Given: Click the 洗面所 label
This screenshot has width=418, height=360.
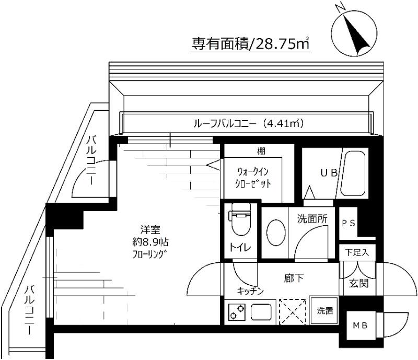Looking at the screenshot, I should point(313,219).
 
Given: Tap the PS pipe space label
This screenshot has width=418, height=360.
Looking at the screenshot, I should point(349,223).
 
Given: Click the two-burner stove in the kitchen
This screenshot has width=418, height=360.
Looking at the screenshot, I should point(237,312).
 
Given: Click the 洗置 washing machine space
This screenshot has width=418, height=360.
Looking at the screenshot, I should point(324,311).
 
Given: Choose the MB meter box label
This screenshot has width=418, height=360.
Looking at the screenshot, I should point(358,326).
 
